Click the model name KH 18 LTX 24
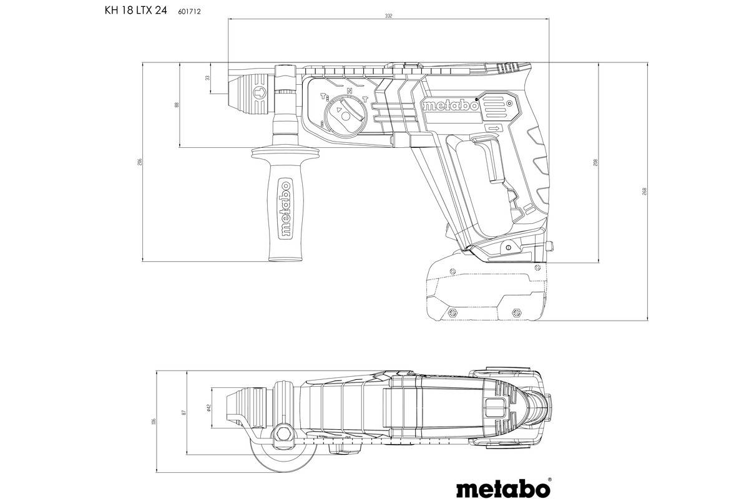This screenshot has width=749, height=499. click(126, 11)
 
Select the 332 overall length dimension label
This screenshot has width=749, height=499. click(389, 16)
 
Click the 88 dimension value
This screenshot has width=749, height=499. click(177, 105)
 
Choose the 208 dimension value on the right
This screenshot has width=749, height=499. click(597, 162)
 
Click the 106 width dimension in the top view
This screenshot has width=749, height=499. click(153, 422)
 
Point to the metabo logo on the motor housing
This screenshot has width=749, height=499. click(451, 105)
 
